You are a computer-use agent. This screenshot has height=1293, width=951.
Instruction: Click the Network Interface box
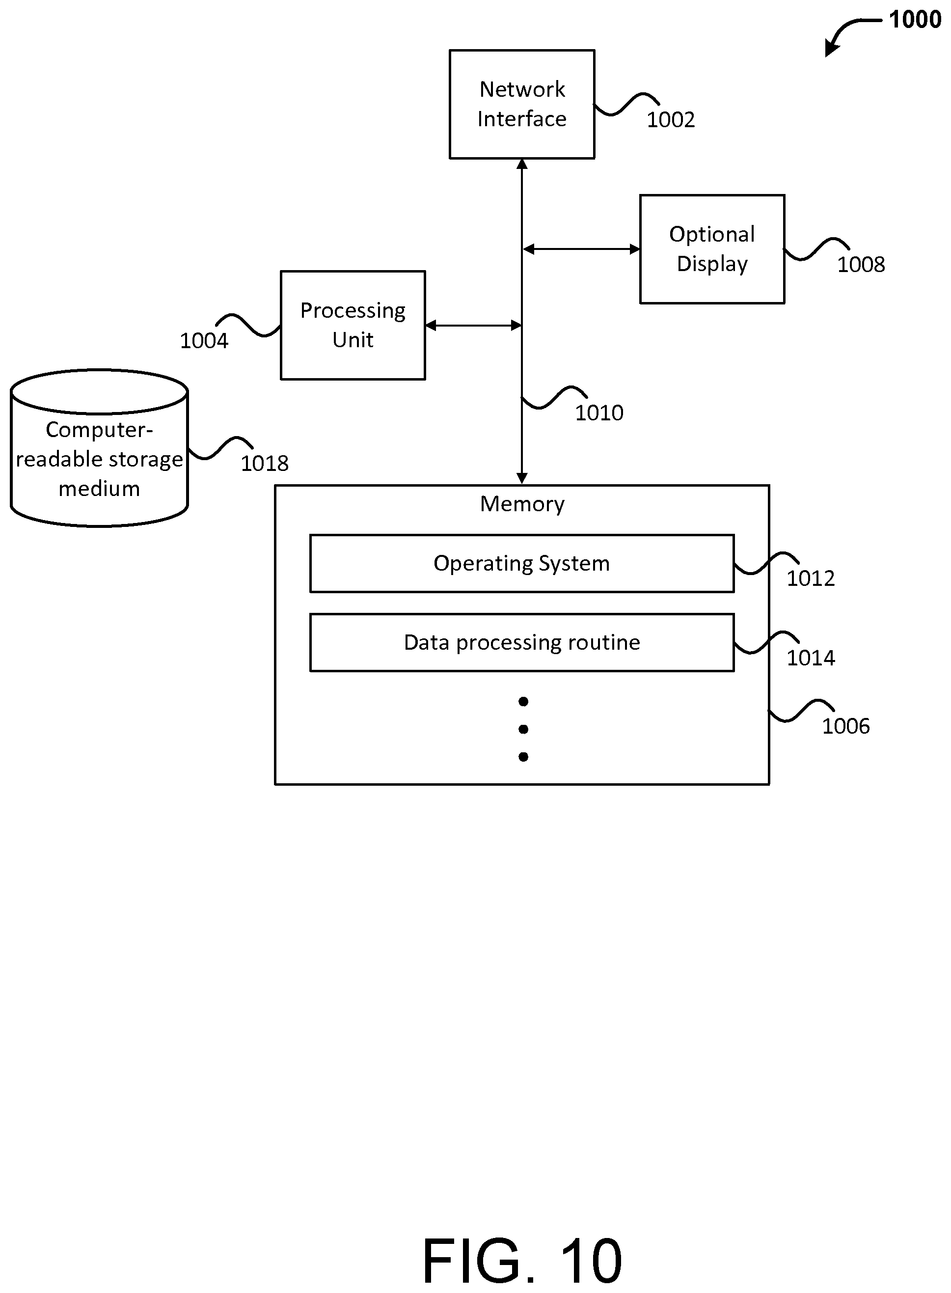point(521,104)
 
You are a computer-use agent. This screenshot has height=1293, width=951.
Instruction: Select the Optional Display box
point(712,249)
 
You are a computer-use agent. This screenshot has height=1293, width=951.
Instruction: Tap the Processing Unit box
point(353,325)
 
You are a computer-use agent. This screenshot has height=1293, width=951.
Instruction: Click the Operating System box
point(521,564)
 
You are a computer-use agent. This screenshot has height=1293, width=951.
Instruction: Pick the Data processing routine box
point(521,642)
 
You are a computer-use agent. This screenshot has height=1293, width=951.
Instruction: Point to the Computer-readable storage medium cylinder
point(99,448)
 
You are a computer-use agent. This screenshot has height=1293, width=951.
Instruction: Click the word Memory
point(522,504)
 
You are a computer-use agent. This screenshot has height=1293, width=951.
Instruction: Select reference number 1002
point(671,120)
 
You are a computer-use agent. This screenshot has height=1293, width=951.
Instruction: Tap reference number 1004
point(204,341)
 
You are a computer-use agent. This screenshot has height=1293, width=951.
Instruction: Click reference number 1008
point(861,265)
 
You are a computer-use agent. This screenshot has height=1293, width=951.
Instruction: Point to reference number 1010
point(599,413)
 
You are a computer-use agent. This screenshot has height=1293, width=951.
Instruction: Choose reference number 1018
point(264,464)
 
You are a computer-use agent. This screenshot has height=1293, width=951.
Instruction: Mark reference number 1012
point(811,578)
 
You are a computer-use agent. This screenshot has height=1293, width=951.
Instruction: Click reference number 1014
point(811,658)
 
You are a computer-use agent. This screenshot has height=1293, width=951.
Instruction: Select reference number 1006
point(845,726)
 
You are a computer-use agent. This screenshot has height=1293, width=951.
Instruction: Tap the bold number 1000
point(915,20)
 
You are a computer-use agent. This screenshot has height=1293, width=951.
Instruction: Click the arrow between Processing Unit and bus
point(474,325)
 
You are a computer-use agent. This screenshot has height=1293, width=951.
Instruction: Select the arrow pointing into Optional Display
point(581,249)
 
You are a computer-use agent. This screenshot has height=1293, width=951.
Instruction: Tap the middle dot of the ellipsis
point(523,729)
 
